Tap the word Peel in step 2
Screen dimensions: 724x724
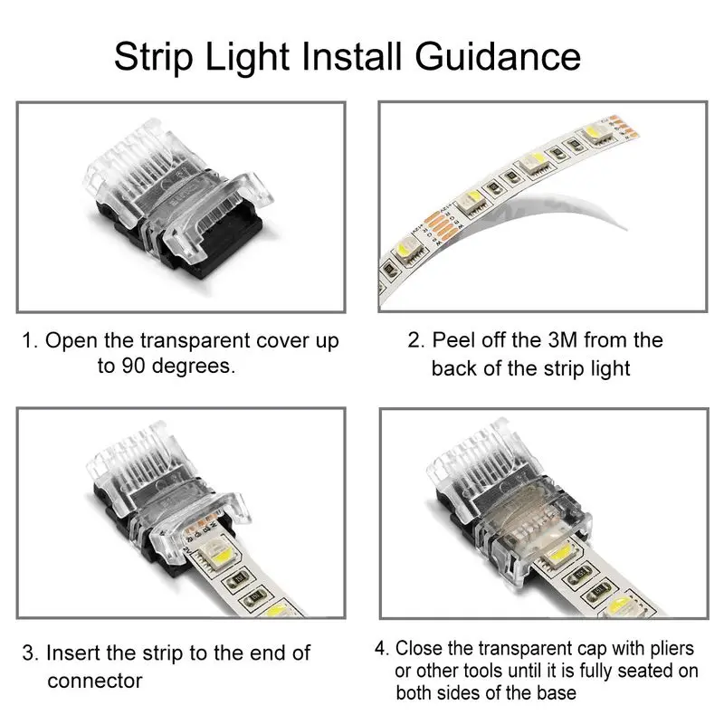click(452, 341)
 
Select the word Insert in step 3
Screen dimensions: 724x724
click(75, 653)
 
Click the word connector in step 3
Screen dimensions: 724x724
click(94, 680)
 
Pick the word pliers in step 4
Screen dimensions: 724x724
click(665, 649)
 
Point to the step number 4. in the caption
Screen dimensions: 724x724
click(383, 649)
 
